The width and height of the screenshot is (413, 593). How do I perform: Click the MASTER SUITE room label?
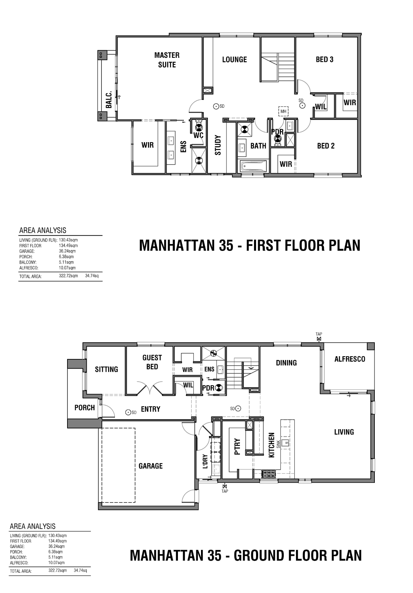pyautogui.click(x=167, y=60)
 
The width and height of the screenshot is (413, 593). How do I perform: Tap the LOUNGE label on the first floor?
pyautogui.click(x=234, y=60)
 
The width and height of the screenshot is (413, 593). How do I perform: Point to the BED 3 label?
pyautogui.click(x=325, y=60)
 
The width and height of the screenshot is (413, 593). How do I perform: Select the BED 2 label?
pyautogui.click(x=326, y=146)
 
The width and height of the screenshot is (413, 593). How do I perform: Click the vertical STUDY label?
pyautogui.click(x=218, y=145)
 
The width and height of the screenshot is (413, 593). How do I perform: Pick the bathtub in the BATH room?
pyautogui.click(x=254, y=167)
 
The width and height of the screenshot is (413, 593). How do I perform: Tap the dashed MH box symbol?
pyautogui.click(x=283, y=111)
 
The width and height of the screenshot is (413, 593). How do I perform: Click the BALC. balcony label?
pyautogui.click(x=109, y=100)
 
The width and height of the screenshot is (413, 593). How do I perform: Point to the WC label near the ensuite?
pyautogui.click(x=199, y=136)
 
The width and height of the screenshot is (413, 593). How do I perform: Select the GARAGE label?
pyautogui.click(x=150, y=466)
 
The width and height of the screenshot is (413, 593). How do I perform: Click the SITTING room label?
pyautogui.click(x=106, y=369)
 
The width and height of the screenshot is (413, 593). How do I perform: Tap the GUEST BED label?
pyautogui.click(x=152, y=362)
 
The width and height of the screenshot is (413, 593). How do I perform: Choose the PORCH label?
pyautogui.click(x=84, y=407)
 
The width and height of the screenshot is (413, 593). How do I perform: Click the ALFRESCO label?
pyautogui.click(x=350, y=359)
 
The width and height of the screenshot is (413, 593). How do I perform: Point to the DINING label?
pyautogui.click(x=286, y=362)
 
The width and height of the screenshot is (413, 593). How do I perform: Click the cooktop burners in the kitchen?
pyautogui.click(x=269, y=474)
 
